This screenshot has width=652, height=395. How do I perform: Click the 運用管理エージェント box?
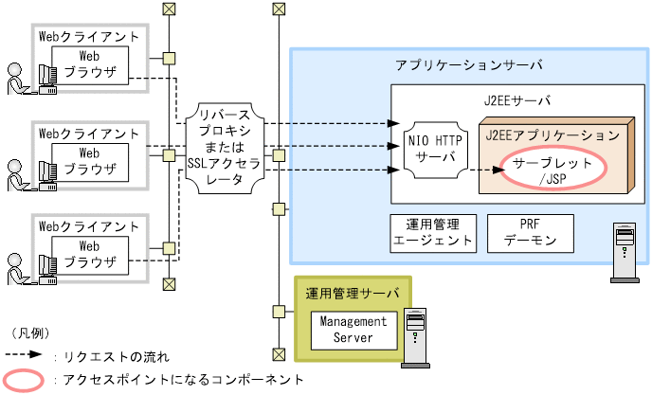point(432,232)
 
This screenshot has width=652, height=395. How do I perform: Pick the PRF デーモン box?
point(529,232)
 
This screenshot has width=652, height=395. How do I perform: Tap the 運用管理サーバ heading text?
point(353,293)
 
